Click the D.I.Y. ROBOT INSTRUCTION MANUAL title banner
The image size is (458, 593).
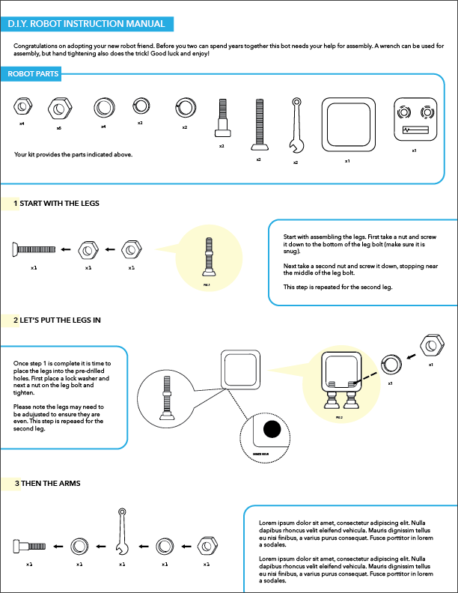[x=87, y=25]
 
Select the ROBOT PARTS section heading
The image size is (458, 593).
[x=33, y=74]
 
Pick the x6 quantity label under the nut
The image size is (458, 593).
[x=58, y=128]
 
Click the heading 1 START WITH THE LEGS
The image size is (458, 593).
[x=56, y=204]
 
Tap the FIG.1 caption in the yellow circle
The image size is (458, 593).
[x=207, y=285]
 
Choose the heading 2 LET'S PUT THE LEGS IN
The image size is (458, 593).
[x=57, y=320]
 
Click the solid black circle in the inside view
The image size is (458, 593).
[x=271, y=430]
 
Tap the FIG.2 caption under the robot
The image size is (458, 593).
[x=339, y=418]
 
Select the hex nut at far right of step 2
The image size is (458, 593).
[x=433, y=346]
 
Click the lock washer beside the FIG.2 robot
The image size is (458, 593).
[x=391, y=365]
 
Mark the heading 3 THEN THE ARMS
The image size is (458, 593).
[x=48, y=484]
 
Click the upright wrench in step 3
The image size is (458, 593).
[x=121, y=532]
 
